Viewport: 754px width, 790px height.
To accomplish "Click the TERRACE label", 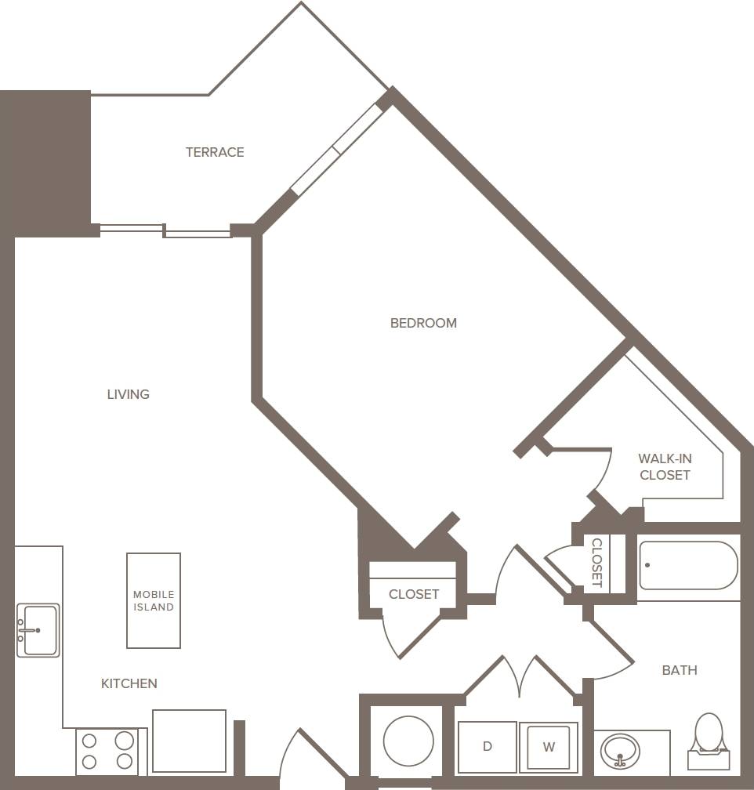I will (x=215, y=152).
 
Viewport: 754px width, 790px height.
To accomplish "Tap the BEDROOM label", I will (x=423, y=323).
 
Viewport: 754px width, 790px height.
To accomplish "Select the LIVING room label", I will (x=128, y=394).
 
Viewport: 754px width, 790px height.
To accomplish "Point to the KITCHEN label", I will (x=129, y=683).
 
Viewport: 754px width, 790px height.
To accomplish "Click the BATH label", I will (x=680, y=670).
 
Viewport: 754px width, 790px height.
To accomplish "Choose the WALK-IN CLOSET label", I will (x=665, y=467).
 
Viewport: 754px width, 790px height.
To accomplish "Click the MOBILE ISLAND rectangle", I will (x=154, y=600).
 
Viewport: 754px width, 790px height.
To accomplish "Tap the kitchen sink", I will (x=38, y=630).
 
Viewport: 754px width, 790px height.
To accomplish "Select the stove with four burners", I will (x=107, y=750).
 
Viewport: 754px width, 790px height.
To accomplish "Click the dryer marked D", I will (x=487, y=747).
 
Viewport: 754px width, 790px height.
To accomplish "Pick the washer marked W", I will (x=549, y=747).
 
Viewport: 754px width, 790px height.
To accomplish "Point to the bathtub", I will (x=688, y=566).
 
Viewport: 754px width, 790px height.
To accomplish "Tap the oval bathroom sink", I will (x=620, y=752).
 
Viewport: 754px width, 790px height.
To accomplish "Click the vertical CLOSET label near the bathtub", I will (x=596, y=563).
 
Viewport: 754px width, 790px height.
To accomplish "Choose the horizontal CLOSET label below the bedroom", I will (x=414, y=594).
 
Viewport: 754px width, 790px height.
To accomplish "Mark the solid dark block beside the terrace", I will (x=45, y=162).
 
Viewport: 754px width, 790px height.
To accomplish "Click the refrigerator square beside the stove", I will (x=189, y=741).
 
